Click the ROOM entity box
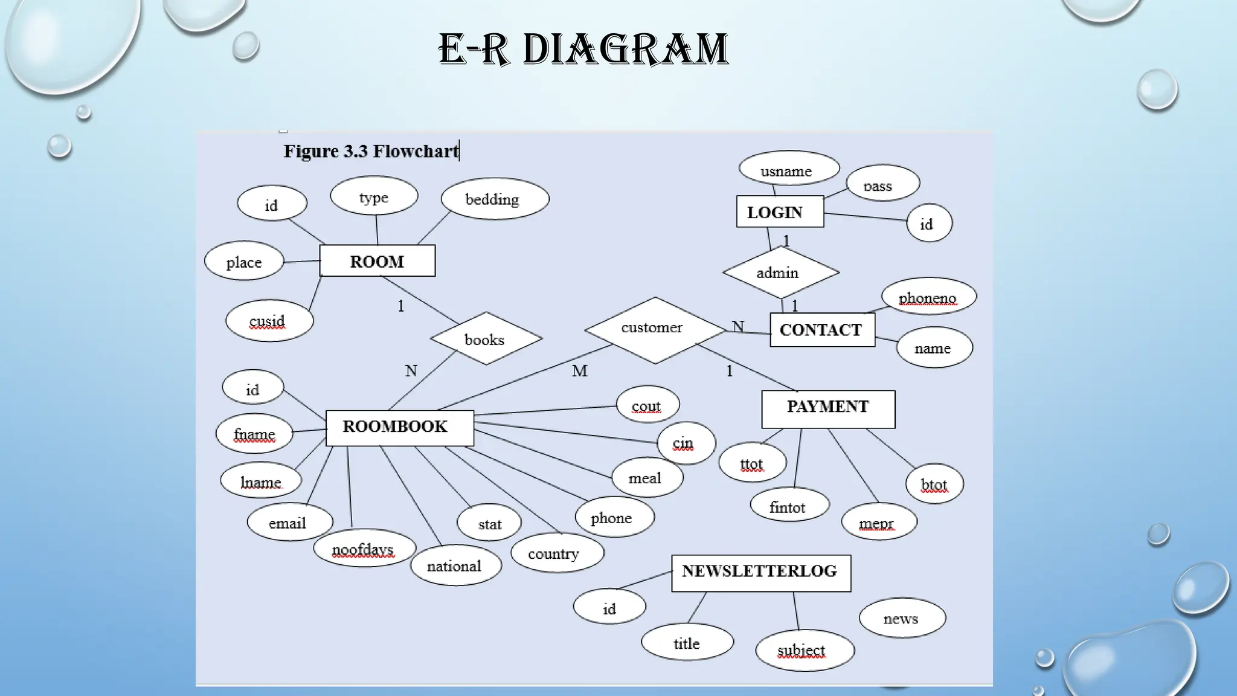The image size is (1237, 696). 377,261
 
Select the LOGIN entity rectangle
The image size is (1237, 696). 780,212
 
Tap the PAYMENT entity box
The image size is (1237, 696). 828,409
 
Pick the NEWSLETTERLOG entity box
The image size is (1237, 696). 761,573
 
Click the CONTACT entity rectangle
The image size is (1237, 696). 822,330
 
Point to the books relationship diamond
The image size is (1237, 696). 486,339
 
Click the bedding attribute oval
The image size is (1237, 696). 495,199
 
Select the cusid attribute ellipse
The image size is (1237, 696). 269,321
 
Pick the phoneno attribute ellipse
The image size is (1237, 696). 928,297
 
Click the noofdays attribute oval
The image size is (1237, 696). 364,548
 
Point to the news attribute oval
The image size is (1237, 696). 902,617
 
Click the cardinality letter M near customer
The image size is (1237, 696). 580,371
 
